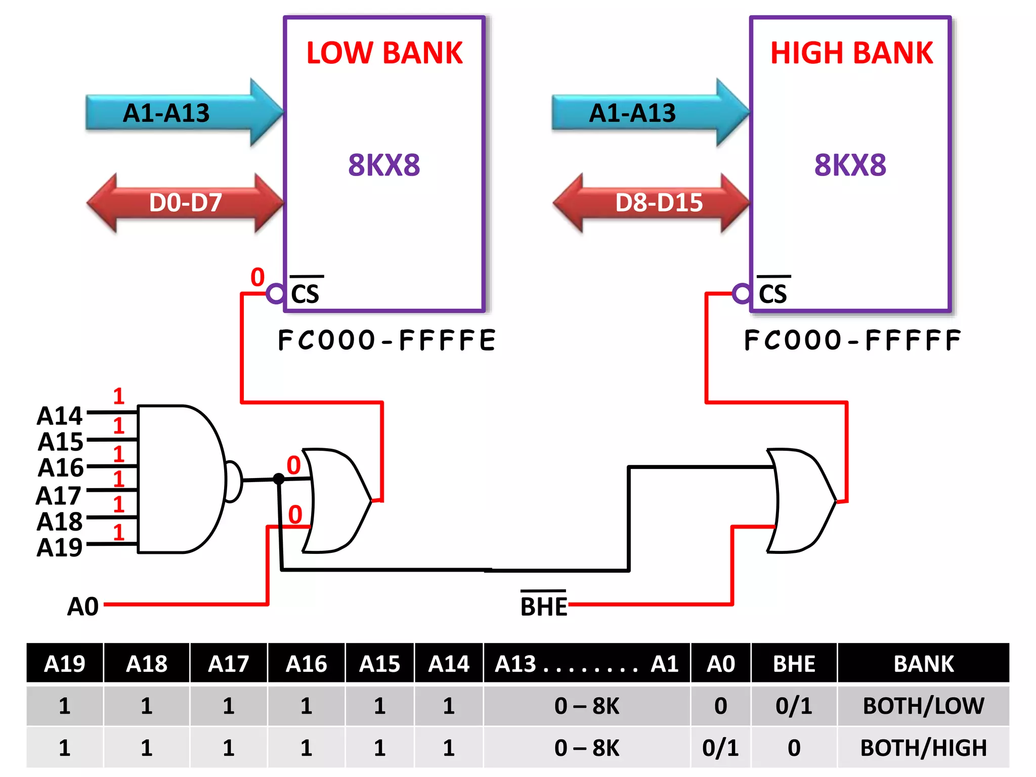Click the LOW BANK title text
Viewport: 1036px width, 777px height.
384,53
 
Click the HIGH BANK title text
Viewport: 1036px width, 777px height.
851,53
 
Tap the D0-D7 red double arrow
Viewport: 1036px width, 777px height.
185,203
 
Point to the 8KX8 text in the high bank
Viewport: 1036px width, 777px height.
850,165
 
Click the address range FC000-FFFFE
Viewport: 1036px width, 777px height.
387,340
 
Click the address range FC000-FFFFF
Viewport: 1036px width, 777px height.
852,340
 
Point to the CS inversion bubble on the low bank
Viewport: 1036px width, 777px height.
276,293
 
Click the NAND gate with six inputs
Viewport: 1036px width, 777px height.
182,479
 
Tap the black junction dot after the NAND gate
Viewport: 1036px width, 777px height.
279,479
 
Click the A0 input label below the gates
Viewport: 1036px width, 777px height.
83,606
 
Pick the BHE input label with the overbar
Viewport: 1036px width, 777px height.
544,606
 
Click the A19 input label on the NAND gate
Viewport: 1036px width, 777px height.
59,547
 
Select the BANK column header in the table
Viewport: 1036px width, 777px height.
923,664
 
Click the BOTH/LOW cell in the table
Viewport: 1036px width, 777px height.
923,706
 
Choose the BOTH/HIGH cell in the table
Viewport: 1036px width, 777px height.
923,748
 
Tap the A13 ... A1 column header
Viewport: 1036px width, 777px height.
587,664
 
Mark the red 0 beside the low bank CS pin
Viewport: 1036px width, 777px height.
257,277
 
